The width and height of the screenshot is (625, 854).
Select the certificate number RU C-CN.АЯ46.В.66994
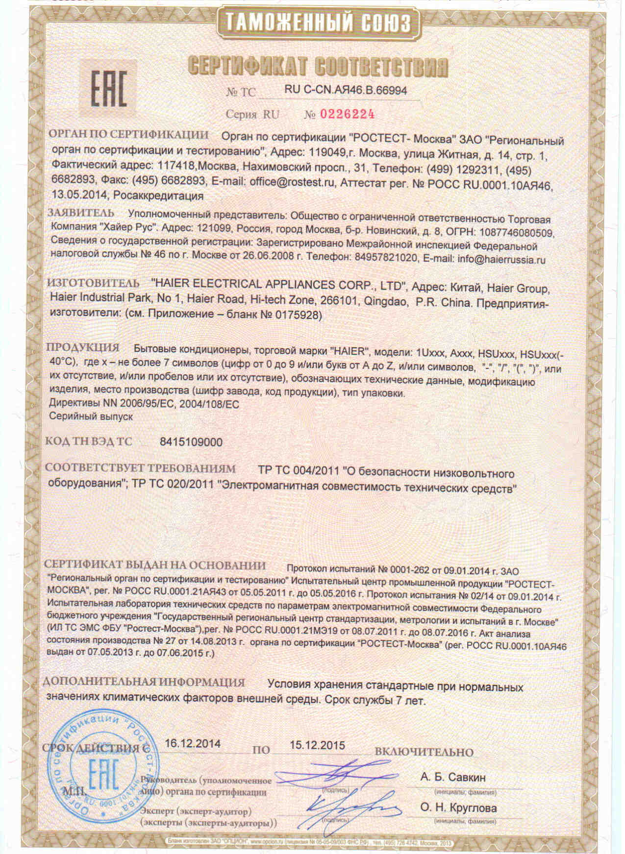(346, 90)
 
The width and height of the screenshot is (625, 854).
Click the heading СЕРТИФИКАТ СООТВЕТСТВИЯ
(319, 66)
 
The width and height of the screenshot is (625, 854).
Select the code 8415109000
(191, 442)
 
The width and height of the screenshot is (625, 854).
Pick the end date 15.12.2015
(318, 745)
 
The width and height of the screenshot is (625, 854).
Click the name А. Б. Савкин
(453, 777)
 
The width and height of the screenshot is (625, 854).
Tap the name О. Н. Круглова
(458, 808)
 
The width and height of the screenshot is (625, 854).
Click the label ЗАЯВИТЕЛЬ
(81, 214)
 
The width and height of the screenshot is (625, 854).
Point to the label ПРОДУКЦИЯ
(83, 348)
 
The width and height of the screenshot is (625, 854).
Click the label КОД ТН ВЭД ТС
(89, 441)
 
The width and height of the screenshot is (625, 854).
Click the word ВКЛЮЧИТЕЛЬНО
(424, 752)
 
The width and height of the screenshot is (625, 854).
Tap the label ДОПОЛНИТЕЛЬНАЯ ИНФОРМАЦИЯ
(144, 682)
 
